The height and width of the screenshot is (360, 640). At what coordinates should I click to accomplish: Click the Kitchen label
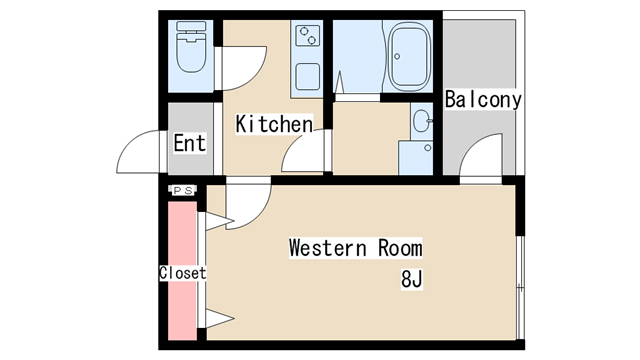pos(273,124)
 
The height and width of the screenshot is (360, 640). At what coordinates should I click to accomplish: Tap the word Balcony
pos(483,100)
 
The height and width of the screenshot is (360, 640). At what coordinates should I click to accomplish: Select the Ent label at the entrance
pos(189,143)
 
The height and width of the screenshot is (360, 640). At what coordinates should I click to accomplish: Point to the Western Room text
pos(355,247)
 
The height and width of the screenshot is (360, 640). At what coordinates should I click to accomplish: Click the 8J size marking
pos(412,278)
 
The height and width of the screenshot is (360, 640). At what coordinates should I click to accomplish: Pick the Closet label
pos(182,273)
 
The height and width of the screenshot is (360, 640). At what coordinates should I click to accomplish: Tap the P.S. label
pos(182,190)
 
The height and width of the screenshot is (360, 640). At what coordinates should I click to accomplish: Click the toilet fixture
pos(189,50)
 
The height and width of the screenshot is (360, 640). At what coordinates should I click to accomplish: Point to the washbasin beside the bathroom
pos(420,125)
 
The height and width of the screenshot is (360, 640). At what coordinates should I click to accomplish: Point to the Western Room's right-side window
pos(518,285)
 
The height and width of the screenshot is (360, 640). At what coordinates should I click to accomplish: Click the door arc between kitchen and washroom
pos(304,155)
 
